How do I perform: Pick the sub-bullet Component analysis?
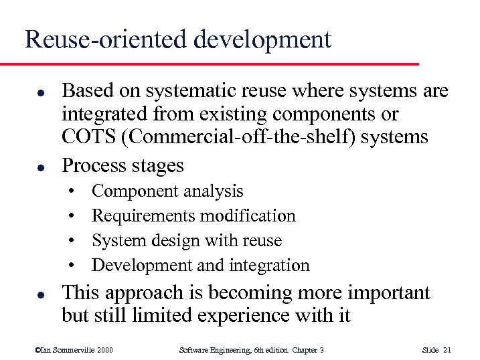[x=167, y=191]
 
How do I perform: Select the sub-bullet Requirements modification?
[x=193, y=216]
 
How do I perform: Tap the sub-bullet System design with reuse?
[x=187, y=240]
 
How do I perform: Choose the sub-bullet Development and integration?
[x=200, y=265]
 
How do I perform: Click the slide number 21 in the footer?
[x=447, y=350]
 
